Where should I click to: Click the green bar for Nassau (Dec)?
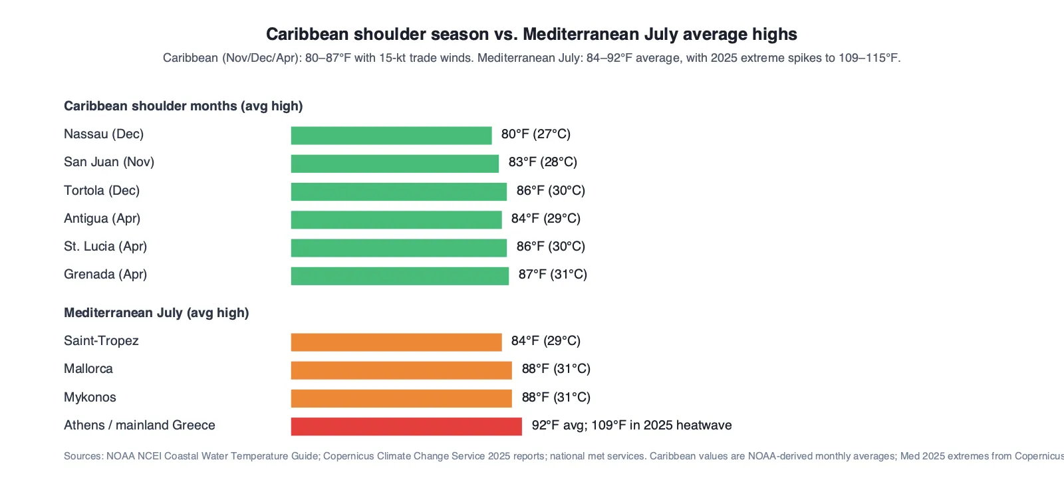392,136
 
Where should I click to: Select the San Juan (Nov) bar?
395,164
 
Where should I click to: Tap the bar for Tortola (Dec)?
399,191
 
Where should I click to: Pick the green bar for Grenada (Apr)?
400,276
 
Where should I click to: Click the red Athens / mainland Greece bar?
406,426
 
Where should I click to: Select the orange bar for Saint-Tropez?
396,342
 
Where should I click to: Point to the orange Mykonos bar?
402,398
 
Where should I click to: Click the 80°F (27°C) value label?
536,134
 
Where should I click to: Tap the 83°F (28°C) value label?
543,162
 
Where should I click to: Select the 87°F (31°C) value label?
553,275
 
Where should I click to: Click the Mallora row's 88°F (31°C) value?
556,369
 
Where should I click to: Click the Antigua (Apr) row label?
102,219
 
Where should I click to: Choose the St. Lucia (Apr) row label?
106,247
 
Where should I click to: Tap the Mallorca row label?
88,369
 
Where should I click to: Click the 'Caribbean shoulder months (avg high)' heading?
184,106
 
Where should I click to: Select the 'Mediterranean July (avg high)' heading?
156,313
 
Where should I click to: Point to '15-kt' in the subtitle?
392,58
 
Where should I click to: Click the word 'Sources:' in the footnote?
84,456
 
